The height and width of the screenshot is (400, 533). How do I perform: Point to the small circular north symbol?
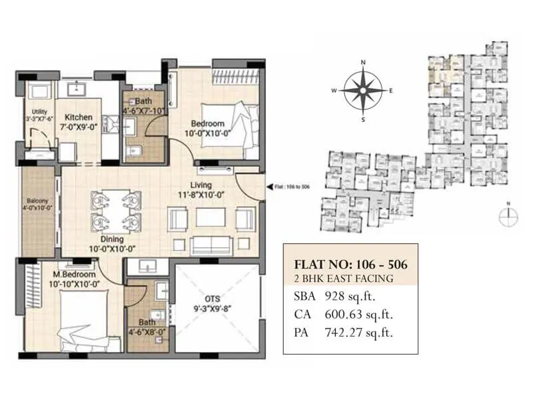coord(508,214)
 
